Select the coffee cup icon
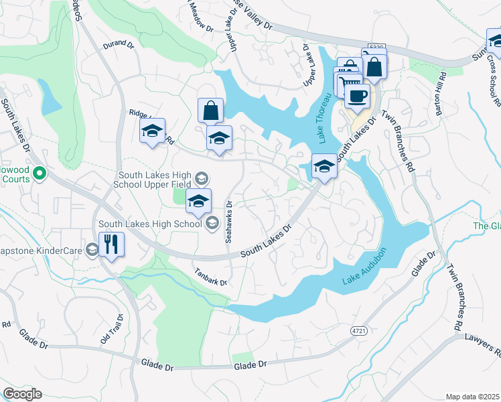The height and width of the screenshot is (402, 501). click(x=357, y=94)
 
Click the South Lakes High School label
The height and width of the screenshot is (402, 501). click(x=149, y=224)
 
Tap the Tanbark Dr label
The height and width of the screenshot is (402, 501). click(x=211, y=277)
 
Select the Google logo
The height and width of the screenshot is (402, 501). click(x=22, y=394)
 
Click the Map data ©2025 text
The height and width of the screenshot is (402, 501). click(x=473, y=397)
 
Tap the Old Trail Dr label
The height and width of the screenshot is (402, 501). click(x=112, y=330)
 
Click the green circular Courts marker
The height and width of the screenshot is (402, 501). click(x=39, y=174)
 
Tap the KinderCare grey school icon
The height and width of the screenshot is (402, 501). click(x=92, y=249)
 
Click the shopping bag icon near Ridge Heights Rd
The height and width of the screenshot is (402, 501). click(x=210, y=111)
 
